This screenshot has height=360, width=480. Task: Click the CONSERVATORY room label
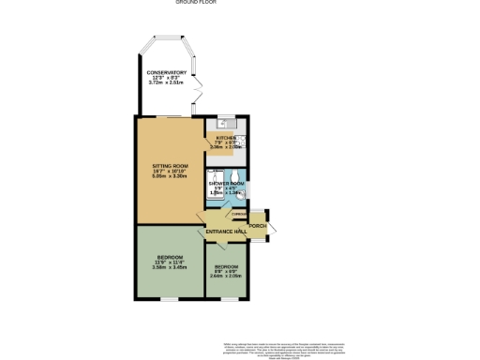click(165, 72)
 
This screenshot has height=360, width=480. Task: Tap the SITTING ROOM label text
click(164, 165)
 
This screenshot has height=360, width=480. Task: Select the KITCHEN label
click(226, 137)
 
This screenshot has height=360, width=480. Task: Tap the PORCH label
click(258, 226)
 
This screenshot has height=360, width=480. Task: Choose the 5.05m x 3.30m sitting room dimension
click(164, 175)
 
